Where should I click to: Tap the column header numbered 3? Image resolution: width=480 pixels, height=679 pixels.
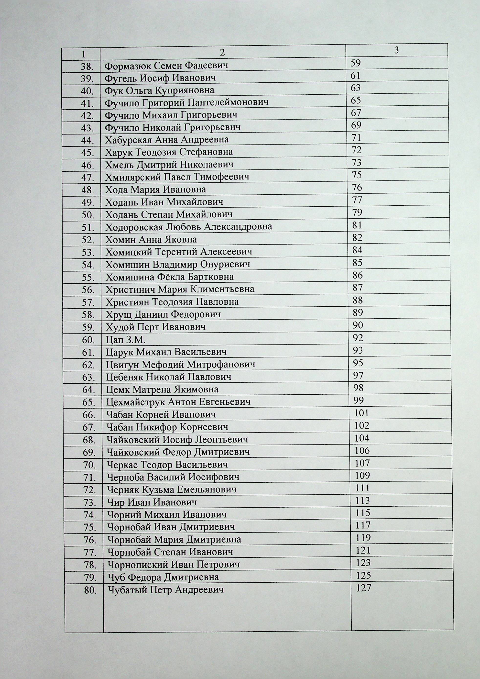(x=397, y=50)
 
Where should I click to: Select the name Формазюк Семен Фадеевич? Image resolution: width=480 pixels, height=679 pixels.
(x=166, y=65)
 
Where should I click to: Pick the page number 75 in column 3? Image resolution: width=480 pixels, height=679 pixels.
(x=357, y=175)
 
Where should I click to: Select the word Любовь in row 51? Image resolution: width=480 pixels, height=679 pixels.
(x=183, y=227)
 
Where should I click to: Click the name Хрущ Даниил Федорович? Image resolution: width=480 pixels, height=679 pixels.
(x=163, y=314)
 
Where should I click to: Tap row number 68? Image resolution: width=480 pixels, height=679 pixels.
(x=89, y=440)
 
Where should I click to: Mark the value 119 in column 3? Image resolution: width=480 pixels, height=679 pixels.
(x=363, y=537)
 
